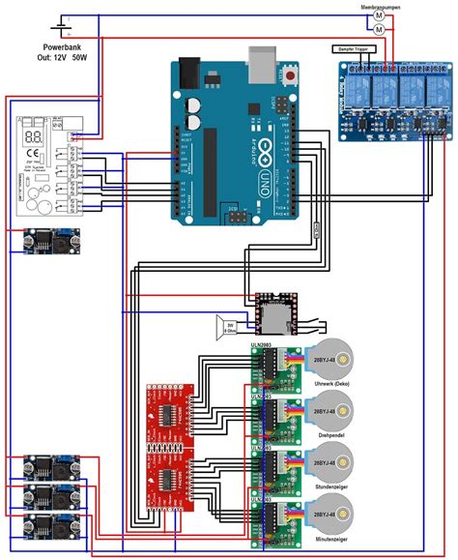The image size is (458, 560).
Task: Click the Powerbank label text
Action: click(x=63, y=47)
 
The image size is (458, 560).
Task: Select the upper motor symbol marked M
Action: click(x=380, y=16)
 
